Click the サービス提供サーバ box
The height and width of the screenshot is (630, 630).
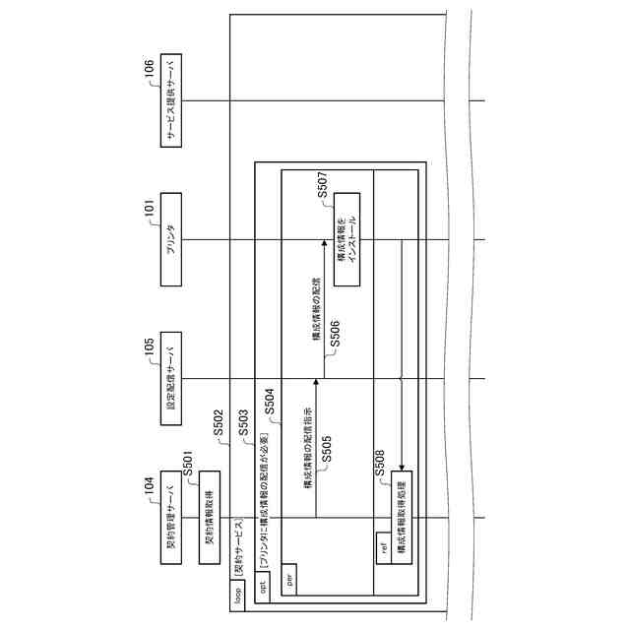point(172,101)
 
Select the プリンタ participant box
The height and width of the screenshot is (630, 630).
point(172,241)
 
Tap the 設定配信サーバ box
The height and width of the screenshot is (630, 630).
point(172,380)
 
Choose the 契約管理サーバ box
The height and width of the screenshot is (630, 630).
point(172,518)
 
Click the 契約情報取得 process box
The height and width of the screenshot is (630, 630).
point(209,518)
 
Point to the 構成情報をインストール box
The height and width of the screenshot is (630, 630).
point(346,240)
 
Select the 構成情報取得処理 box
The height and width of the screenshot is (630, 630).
point(401,518)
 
